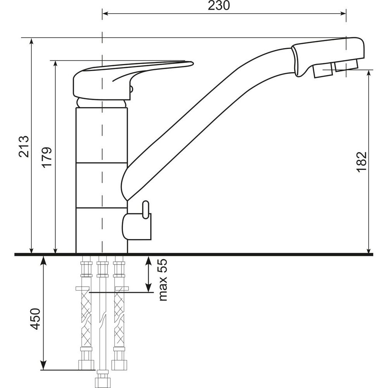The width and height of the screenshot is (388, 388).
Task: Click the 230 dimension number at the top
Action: click(x=218, y=5)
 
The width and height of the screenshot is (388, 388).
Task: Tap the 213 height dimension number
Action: click(x=24, y=146)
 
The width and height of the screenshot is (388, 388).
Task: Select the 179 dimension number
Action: click(x=47, y=158)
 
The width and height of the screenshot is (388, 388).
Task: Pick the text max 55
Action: click(x=163, y=280)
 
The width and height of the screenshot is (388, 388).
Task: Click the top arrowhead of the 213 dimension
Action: click(x=31, y=42)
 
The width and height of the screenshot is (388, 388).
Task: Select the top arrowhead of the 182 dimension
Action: click(x=369, y=73)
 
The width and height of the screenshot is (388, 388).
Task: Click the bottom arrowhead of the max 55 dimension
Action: click(x=148, y=288)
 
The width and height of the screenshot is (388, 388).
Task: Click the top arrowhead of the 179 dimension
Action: click(x=55, y=64)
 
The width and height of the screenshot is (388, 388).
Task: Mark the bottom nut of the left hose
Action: click(x=86, y=365)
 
